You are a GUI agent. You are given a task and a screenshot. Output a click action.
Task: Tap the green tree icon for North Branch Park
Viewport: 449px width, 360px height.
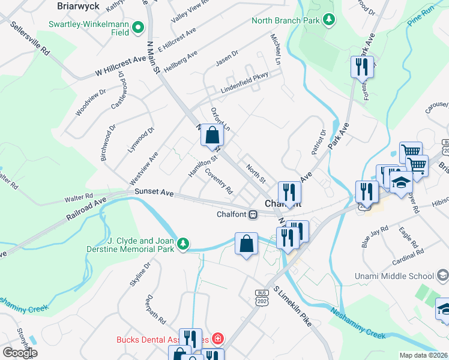click(329, 20)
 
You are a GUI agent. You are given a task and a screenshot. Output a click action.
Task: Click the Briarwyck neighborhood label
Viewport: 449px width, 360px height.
click(77, 5)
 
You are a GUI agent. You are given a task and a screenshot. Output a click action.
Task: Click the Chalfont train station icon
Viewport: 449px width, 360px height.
click(254, 214)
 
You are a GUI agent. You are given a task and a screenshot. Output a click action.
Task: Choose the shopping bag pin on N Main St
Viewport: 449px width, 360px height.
click(212, 136)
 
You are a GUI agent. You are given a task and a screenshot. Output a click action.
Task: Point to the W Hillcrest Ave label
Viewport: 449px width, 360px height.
click(121, 66)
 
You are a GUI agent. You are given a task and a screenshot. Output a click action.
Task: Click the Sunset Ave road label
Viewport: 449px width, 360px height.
click(154, 192)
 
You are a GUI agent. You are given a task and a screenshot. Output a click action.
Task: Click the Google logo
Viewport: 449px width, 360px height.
click(20, 352)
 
